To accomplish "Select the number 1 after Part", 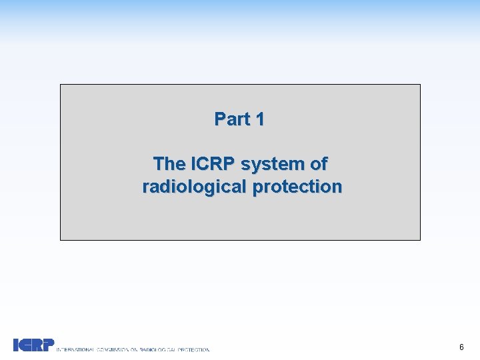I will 259,119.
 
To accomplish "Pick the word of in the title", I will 319,163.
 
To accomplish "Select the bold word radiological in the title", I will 194,187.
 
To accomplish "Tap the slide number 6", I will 461,347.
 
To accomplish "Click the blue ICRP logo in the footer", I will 34,345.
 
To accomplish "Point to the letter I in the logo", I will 15,345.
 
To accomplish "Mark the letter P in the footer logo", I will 48,345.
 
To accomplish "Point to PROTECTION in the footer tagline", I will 196,349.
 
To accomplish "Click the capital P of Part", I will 219,119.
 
